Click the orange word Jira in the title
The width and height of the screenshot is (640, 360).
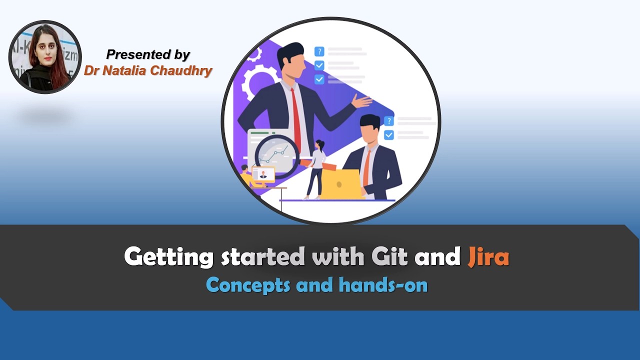click(488, 257)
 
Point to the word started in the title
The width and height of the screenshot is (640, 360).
click(263, 257)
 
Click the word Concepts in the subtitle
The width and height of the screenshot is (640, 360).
click(248, 285)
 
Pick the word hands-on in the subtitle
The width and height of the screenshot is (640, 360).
click(383, 285)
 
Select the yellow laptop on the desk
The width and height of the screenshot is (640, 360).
click(341, 184)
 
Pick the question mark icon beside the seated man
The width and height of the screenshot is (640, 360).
click(388, 121)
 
